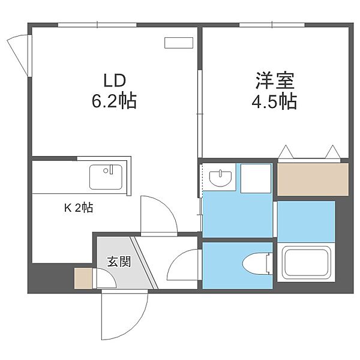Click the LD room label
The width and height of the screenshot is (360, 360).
(x=114, y=80)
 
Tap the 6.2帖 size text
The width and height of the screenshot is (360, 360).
(x=114, y=101)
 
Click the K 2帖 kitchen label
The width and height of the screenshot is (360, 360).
(x=78, y=208)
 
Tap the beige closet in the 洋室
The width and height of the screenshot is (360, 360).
(x=313, y=179)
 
